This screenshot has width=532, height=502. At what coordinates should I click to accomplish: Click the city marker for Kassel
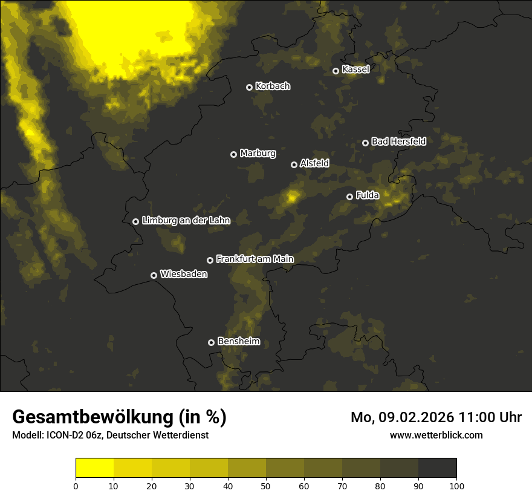click(x=336, y=71)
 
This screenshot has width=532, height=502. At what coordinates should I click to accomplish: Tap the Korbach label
click(x=273, y=86)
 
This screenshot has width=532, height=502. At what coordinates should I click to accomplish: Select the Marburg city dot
click(x=233, y=154)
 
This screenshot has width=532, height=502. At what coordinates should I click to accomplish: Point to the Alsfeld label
click(x=314, y=163)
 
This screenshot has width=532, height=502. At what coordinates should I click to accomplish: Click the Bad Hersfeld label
click(x=398, y=142)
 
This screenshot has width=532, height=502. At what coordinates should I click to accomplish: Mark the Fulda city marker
click(x=349, y=197)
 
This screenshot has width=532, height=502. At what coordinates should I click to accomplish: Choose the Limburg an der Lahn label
click(x=186, y=220)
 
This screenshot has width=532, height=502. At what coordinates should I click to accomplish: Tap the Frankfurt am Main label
click(x=255, y=259)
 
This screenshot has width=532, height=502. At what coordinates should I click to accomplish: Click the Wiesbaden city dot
click(x=154, y=275)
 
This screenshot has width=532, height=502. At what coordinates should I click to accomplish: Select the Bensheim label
click(x=238, y=341)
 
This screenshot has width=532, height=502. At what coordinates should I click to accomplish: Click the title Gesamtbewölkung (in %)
click(x=119, y=417)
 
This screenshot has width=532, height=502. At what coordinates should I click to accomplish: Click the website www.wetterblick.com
click(x=436, y=435)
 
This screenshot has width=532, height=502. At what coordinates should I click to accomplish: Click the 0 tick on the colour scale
click(x=76, y=485)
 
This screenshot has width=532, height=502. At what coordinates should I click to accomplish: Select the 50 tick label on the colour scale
click(x=266, y=485)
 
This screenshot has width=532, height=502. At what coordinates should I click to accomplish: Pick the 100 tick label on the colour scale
click(x=456, y=485)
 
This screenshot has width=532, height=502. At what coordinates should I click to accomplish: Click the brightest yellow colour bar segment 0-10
click(x=94, y=468)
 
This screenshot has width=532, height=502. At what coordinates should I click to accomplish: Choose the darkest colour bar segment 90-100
click(x=437, y=468)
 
